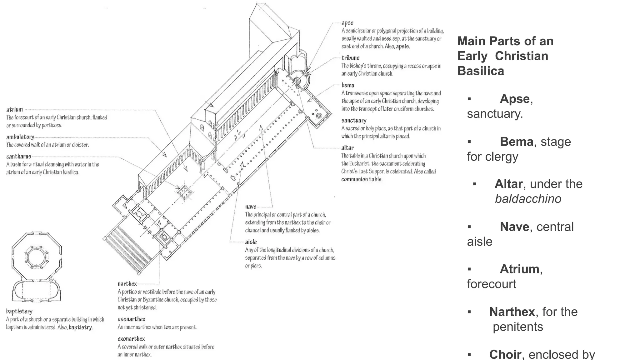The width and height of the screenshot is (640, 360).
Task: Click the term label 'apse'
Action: tap(347, 23)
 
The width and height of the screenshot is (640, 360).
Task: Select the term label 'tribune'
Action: tap(350, 58)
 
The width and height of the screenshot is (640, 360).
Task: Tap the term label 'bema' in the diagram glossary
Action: tap(348, 85)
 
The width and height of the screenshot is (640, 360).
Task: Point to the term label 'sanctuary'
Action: tap(354, 120)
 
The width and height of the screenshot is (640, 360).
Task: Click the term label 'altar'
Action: tap(347, 147)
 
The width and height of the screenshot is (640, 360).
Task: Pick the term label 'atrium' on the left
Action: tap(15, 109)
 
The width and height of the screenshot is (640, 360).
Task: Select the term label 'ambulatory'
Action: tap(20, 137)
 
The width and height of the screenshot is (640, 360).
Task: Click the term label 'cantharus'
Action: tap(19, 157)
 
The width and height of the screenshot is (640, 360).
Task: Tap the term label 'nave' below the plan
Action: tap(251, 207)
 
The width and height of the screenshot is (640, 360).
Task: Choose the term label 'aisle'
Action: tap(251, 242)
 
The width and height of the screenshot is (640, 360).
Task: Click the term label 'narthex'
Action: tap(127, 284)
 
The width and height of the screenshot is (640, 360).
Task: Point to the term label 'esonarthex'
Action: tap(132, 319)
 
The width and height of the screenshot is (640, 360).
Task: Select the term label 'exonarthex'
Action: tap(131, 339)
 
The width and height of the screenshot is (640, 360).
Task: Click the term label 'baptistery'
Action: tap(19, 311)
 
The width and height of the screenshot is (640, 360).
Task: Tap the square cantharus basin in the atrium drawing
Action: tap(184, 191)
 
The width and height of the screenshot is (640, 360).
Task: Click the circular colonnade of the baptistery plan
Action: tap(37, 257)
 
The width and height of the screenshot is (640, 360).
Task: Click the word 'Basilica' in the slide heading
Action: tap(481, 71)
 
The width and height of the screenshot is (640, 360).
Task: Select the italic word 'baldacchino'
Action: tap(528, 199)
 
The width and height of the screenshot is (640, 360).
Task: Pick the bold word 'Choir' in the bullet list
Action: tap(505, 354)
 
